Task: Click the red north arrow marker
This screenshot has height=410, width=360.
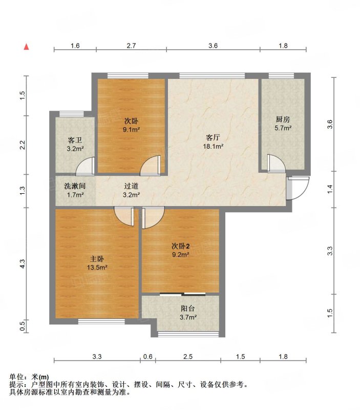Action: point(27,47)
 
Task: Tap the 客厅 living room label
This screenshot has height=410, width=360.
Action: point(213,137)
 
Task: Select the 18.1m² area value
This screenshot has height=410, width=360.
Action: point(213,146)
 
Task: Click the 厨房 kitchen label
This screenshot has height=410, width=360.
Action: point(283,119)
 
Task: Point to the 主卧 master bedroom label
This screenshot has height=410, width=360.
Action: point(97,259)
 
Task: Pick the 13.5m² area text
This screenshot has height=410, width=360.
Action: point(97,267)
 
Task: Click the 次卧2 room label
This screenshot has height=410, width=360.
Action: point(181,246)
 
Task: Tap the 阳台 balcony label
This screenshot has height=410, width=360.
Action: point(188,309)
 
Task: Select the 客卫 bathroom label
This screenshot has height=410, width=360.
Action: point(75,140)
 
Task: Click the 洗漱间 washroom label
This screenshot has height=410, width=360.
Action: point(75,186)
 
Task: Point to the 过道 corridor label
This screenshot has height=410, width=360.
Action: point(131,186)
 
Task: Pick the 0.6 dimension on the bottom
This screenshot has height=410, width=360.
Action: point(148,356)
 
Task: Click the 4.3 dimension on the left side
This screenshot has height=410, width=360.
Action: point(23,263)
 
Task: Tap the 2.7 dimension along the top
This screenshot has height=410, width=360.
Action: point(131,46)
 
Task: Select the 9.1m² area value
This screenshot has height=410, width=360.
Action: point(131,129)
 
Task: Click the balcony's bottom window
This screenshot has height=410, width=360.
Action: point(188,334)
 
